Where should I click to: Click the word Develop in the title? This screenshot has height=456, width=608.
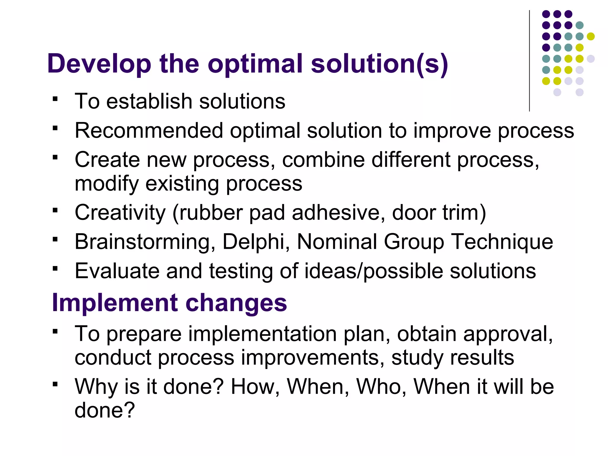(x=99, y=64)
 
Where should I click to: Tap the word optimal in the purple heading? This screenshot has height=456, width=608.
(x=255, y=64)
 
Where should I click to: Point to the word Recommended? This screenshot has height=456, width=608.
(x=149, y=131)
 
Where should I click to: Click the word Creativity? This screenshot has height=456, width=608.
(x=120, y=213)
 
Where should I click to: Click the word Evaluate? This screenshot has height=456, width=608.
(x=117, y=271)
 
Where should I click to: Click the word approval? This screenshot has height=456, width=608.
(x=508, y=334)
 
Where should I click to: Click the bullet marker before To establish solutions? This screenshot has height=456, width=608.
(x=55, y=99)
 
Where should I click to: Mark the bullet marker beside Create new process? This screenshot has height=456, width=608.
(x=55, y=157)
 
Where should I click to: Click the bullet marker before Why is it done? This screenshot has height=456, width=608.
(x=55, y=384)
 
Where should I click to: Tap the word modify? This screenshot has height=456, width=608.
(x=107, y=184)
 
